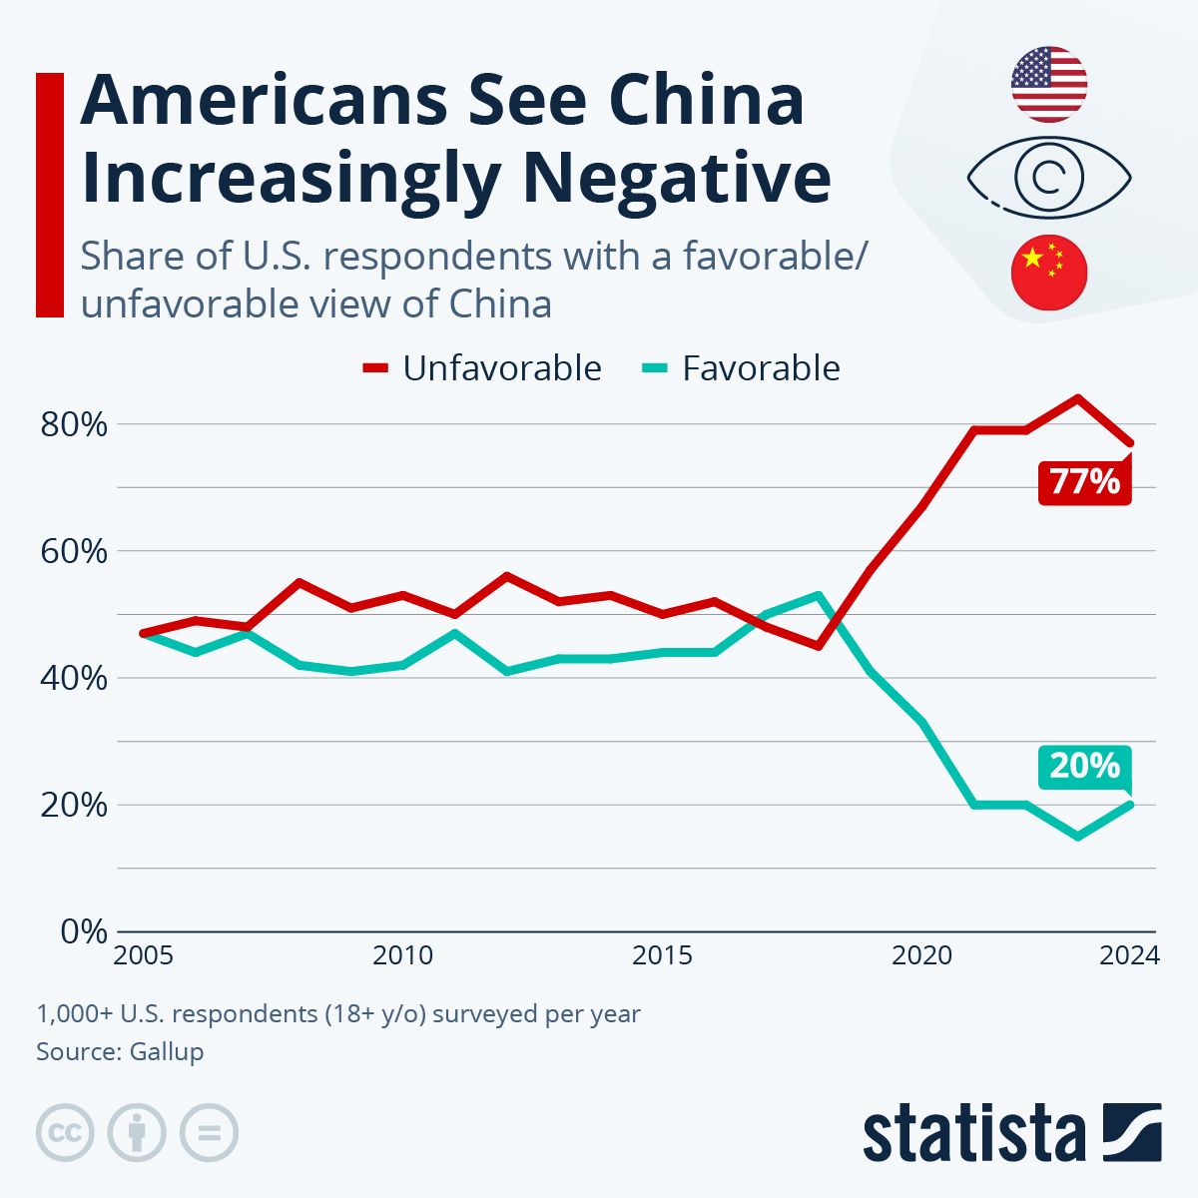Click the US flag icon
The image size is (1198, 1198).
[x=1048, y=84]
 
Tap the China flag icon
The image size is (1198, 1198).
[x=1048, y=272]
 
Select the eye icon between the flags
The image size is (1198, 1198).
[x=1048, y=178]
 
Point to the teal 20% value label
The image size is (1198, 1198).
[x=1085, y=766]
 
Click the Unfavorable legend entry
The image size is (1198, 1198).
[x=482, y=368]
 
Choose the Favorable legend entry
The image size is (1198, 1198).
[x=740, y=368]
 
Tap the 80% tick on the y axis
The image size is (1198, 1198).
[x=73, y=424]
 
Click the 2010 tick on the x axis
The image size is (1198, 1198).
[x=402, y=955]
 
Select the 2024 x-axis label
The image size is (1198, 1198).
[x=1129, y=955]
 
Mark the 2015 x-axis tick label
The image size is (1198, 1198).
[x=662, y=955]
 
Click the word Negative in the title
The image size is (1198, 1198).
[x=677, y=178]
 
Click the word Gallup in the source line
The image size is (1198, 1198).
[x=166, y=1051]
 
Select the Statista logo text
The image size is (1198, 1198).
[x=973, y=1134]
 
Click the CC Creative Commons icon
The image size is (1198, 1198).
[x=65, y=1133]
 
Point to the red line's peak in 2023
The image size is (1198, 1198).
[x=1077, y=397]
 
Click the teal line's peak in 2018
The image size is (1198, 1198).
[x=819, y=595]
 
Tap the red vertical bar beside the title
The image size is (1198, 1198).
[x=50, y=195]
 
